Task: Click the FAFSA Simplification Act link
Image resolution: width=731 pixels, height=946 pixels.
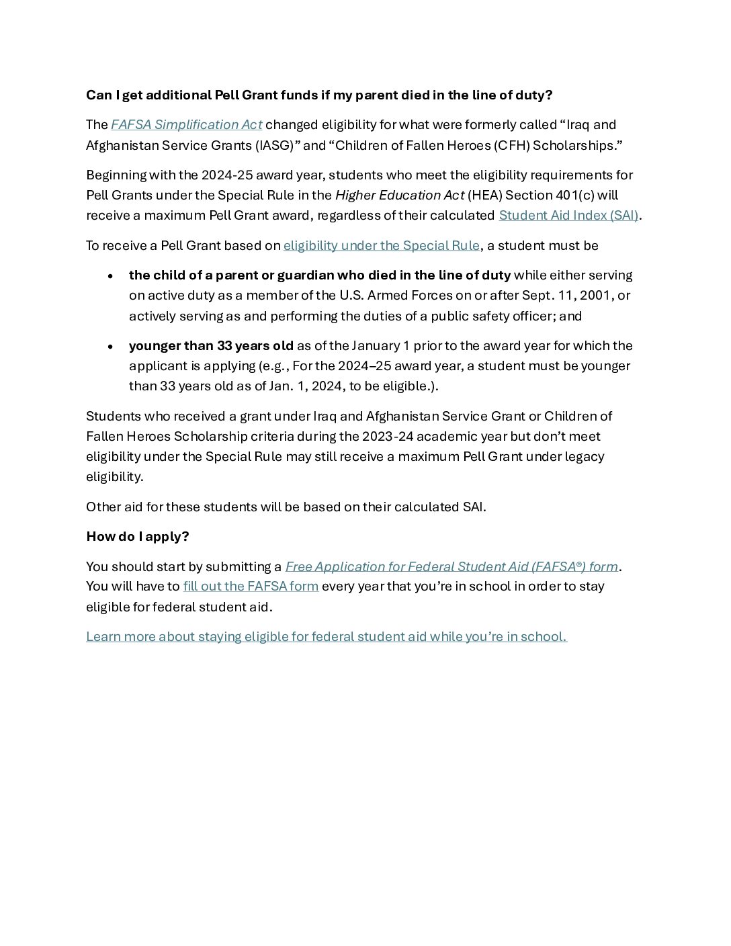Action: (x=186, y=125)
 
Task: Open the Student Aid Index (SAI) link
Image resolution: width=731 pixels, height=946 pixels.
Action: (x=568, y=216)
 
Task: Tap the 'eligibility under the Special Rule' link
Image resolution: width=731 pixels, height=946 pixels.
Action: (x=381, y=246)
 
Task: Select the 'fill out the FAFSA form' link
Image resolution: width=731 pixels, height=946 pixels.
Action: (x=251, y=587)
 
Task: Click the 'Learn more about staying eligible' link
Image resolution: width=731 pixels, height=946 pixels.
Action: (x=327, y=637)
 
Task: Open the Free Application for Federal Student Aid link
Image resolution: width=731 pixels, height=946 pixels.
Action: (x=451, y=567)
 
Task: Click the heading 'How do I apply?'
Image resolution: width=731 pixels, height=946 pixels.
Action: (x=138, y=537)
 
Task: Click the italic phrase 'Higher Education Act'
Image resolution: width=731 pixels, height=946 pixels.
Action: (x=400, y=196)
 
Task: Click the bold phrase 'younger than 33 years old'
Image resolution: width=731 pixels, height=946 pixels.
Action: (x=211, y=346)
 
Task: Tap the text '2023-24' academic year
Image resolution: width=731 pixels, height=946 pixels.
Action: (x=388, y=437)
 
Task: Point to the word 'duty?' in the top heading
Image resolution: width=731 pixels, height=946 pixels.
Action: (x=534, y=95)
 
